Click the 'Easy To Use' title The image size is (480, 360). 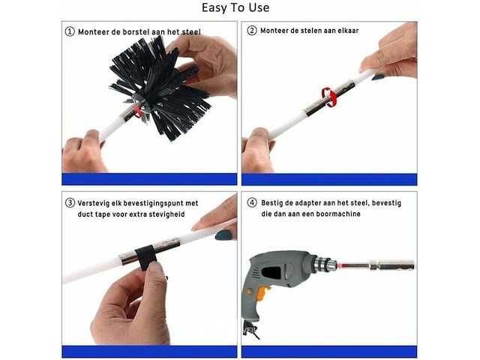click(x=235, y=8)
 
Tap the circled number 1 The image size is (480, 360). click(x=70, y=31)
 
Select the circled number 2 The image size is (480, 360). click(x=252, y=30)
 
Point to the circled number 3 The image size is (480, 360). click(x=70, y=202)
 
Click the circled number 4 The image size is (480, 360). click(x=252, y=202)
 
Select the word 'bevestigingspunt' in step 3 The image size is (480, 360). click(x=153, y=203)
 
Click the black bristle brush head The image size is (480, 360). click(x=160, y=87)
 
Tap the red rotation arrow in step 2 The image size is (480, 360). click(x=327, y=97)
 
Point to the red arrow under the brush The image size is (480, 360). click(x=138, y=111)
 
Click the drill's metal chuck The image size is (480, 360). click(x=325, y=264)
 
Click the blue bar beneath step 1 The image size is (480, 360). click(x=149, y=179)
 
